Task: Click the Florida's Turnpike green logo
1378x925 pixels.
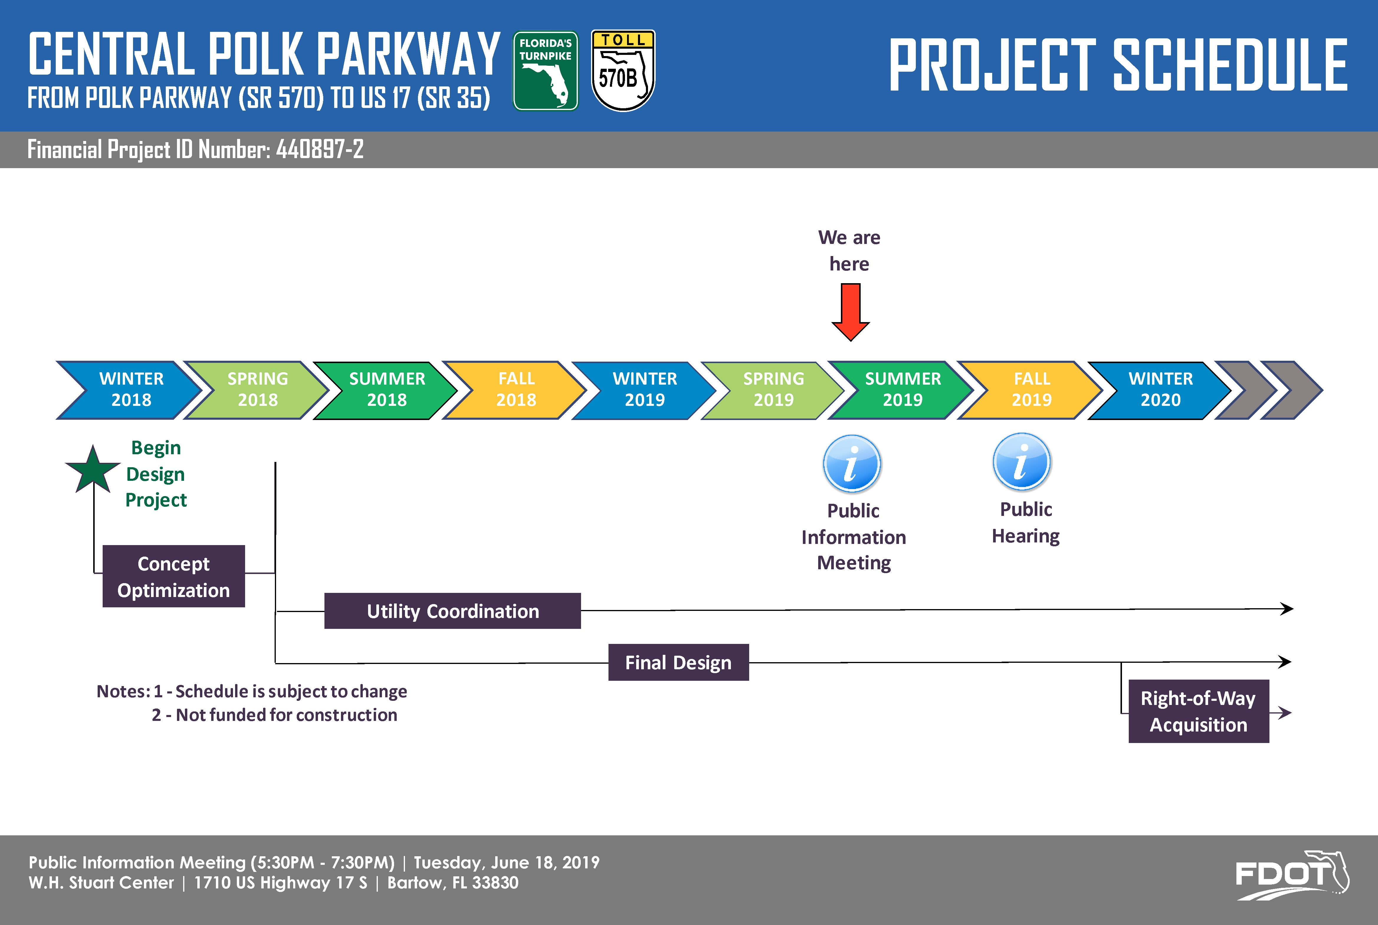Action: (x=546, y=71)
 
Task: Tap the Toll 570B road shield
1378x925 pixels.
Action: (x=623, y=71)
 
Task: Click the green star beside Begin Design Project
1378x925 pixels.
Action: (x=93, y=470)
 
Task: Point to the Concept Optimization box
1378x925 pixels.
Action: (x=173, y=576)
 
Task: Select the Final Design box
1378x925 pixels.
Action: (x=678, y=662)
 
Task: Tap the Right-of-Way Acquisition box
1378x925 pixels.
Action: (x=1199, y=711)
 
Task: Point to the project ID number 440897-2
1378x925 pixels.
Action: (x=320, y=149)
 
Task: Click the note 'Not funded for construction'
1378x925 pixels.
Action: (x=287, y=715)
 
